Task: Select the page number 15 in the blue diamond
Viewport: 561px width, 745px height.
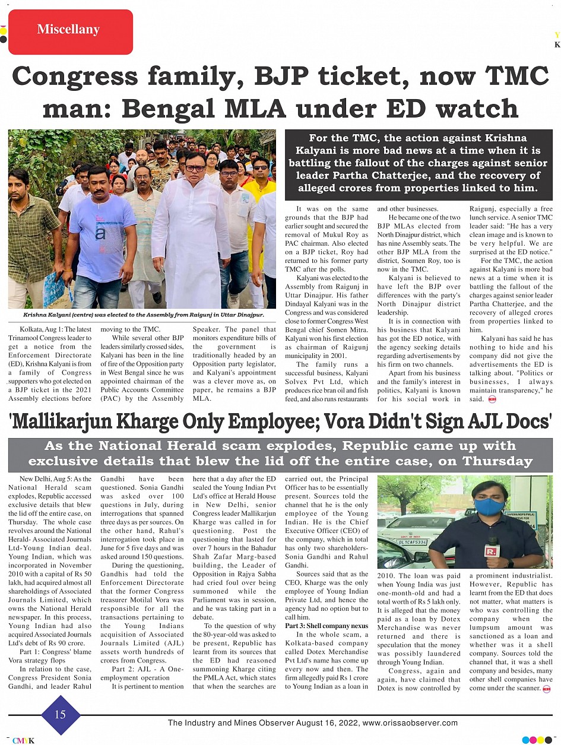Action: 60,715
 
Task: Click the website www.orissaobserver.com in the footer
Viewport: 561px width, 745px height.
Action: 410,723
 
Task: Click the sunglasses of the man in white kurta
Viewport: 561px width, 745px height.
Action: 194,169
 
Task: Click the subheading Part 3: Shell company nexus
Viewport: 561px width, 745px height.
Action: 327,626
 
